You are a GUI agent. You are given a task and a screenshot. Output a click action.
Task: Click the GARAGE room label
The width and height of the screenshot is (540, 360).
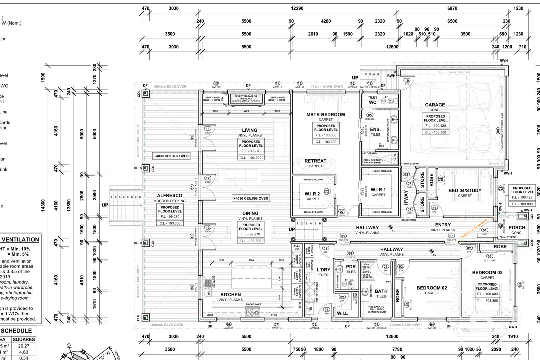[435, 105]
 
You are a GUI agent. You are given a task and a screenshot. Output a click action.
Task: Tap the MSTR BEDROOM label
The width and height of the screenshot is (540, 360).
[326, 115]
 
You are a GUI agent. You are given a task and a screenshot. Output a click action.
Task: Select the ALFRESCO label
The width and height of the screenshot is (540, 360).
[170, 196]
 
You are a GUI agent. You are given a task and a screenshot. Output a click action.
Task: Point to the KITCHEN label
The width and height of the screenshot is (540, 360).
[230, 295]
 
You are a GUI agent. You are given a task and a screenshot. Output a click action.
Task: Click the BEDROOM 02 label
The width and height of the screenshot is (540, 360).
[432, 288]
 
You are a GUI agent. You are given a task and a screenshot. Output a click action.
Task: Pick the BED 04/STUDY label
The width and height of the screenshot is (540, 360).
[465, 191]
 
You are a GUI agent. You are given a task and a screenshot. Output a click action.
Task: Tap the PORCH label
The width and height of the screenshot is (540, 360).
[517, 228]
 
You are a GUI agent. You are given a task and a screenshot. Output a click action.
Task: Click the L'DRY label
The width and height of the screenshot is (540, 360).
[323, 270]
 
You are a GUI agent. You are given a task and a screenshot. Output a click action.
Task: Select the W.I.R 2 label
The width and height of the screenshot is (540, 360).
[312, 194]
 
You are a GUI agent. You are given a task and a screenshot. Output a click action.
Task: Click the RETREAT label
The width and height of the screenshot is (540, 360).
[315, 161]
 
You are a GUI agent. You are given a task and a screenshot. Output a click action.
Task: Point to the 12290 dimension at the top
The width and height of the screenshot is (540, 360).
[297, 8]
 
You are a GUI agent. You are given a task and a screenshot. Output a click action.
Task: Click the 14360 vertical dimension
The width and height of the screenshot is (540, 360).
[43, 205]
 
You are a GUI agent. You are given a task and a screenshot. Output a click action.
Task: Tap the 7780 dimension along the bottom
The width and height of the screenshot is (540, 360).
[397, 349]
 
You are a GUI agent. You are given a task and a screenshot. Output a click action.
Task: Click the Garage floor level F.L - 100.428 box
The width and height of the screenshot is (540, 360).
[435, 126]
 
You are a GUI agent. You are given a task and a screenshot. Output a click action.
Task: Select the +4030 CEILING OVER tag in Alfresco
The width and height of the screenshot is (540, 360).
[171, 156]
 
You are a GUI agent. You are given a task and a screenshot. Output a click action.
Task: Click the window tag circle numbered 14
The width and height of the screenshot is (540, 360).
[278, 83]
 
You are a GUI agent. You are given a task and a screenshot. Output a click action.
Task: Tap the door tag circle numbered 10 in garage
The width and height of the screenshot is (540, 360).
[407, 80]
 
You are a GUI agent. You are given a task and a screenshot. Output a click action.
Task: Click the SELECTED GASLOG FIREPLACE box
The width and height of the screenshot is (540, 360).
[246, 99]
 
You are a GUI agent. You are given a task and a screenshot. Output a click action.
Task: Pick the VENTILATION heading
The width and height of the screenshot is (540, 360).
[20, 240]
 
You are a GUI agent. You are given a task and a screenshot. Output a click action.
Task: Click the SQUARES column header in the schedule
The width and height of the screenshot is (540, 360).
[24, 339]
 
